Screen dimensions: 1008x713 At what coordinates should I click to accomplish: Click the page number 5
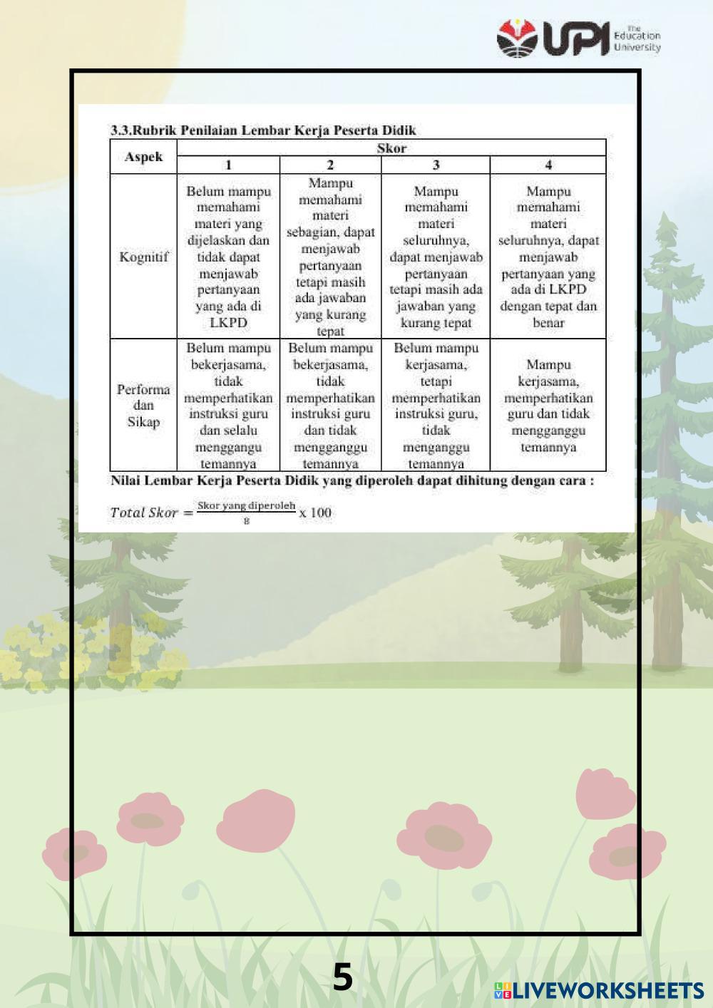coord(343,977)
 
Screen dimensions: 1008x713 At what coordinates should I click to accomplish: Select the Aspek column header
coord(143,157)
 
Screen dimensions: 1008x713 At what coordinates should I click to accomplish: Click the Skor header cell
coord(391,148)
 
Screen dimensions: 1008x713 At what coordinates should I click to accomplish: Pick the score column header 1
coord(228,165)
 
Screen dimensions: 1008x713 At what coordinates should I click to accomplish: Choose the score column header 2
coord(330,165)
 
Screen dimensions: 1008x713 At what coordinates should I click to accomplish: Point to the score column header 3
coord(436,165)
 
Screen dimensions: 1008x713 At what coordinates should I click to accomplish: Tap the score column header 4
coord(548,165)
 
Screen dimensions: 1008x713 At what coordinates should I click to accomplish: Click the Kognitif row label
coord(143,257)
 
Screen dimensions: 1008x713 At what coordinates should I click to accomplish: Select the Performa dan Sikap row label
coord(143,405)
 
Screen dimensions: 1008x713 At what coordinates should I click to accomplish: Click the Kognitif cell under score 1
coord(228,257)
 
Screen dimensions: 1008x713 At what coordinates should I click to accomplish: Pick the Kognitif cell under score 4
coord(548,257)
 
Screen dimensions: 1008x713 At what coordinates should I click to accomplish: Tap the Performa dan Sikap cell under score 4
coord(548,405)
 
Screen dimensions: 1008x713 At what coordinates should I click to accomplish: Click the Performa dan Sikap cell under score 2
coord(330,405)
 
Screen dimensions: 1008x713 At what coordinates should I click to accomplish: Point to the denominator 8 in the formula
coord(246,521)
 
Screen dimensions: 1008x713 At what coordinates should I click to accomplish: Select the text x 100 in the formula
coord(315,513)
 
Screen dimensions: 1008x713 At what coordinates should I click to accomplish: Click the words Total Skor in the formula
coord(143,513)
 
